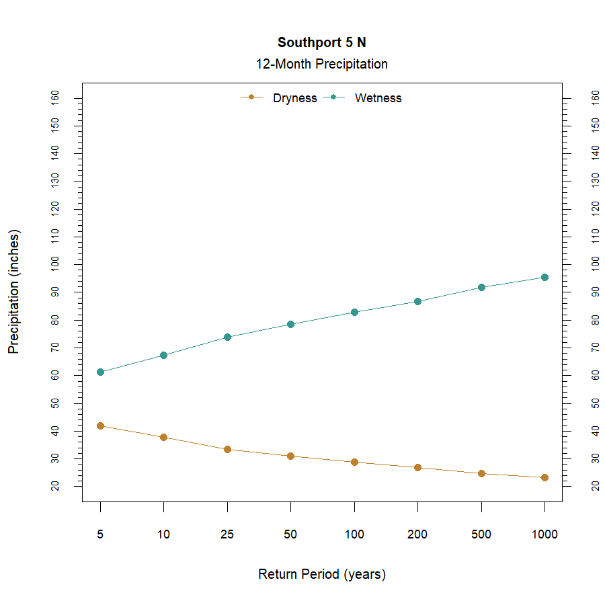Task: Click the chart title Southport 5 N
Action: coord(321,42)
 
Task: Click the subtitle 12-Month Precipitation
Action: coord(321,65)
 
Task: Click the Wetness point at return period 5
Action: coord(100,372)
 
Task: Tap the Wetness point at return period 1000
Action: coord(544,277)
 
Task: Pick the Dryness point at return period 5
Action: coord(100,426)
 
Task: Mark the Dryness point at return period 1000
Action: coord(544,477)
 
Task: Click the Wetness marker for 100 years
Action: coord(354,312)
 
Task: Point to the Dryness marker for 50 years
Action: coord(290,456)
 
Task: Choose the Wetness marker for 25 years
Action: coord(227,337)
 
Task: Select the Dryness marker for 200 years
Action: coord(417,467)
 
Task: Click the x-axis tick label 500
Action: coord(481,535)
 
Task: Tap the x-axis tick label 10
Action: coord(163,535)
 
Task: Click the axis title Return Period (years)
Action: coord(321,575)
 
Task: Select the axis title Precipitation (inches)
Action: coord(14,292)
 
